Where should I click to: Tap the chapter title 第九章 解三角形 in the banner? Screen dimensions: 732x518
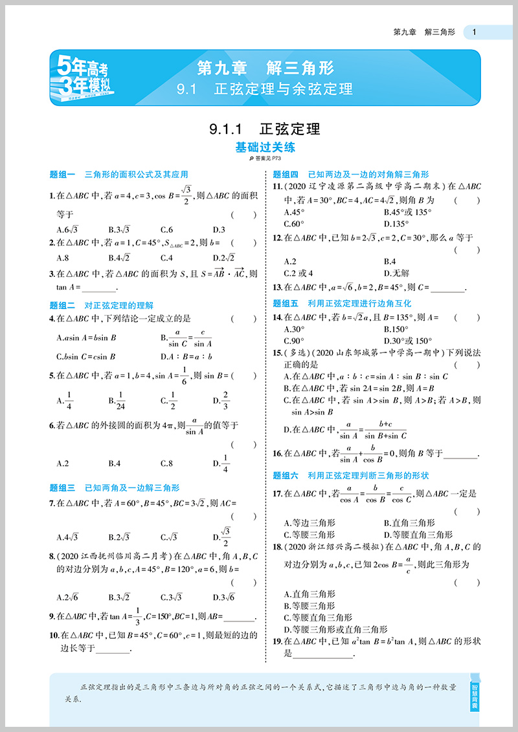coord(265,68)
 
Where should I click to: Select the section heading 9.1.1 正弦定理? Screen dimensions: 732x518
coord(265,129)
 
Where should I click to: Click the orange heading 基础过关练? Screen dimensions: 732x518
coord(265,147)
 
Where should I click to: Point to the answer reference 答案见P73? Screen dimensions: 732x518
coord(265,159)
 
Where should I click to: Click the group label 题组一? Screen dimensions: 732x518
coord(63,175)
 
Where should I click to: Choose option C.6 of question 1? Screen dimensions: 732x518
coord(166,230)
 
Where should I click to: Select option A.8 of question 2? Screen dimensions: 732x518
coord(63,257)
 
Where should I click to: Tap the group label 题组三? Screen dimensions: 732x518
coord(63,488)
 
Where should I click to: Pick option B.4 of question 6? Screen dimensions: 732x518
coord(115,463)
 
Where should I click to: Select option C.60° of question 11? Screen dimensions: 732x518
coord(295,224)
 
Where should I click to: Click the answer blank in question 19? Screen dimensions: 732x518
coord(324,654)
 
